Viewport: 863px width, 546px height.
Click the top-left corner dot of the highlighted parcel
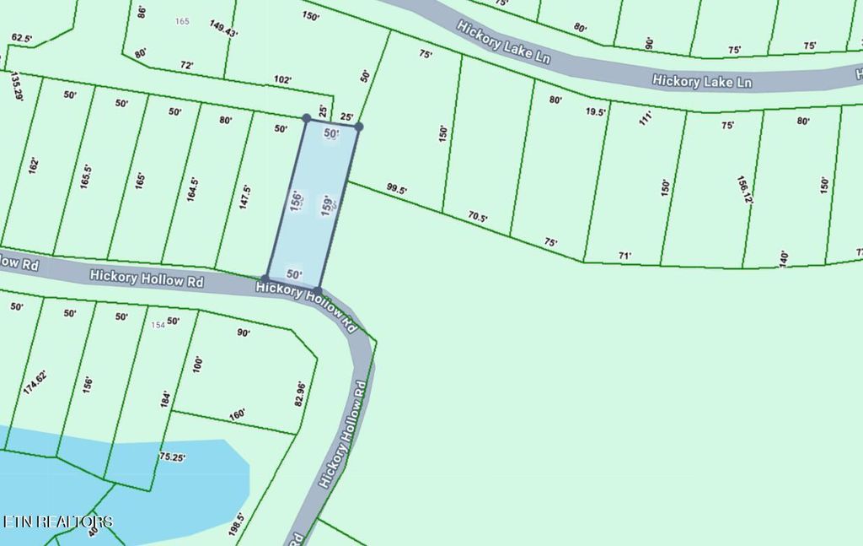[x=306, y=118]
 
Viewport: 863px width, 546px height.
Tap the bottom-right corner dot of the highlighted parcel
[x=318, y=290]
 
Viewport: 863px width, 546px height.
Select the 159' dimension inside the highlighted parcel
[x=328, y=207]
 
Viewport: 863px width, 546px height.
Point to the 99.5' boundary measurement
[x=396, y=190]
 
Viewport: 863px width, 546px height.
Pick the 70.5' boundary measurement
[x=478, y=217]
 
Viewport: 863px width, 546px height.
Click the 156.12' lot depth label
[x=742, y=190]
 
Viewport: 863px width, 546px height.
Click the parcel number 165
[x=181, y=21]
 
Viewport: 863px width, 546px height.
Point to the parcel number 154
[x=157, y=325]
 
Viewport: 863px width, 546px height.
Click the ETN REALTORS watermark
[x=56, y=522]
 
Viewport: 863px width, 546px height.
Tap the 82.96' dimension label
[x=299, y=394]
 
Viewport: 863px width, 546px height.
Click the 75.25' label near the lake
[x=171, y=457]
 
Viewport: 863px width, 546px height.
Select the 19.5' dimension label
[x=596, y=111]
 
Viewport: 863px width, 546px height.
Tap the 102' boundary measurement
[x=282, y=80]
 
